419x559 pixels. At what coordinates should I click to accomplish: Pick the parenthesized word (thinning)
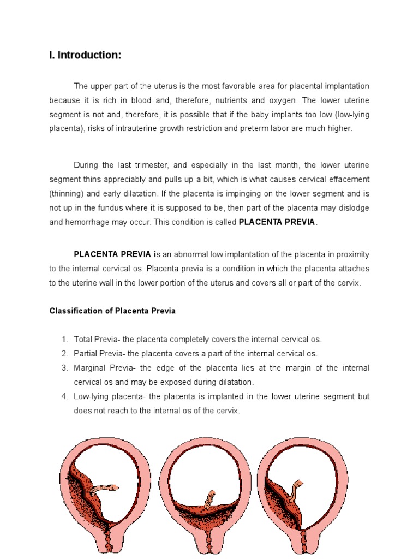click(x=67, y=193)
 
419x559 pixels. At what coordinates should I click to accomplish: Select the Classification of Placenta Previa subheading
click(x=112, y=311)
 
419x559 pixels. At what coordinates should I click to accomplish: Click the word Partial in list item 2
click(x=87, y=354)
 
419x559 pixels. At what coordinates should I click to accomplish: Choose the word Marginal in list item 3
click(x=91, y=368)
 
